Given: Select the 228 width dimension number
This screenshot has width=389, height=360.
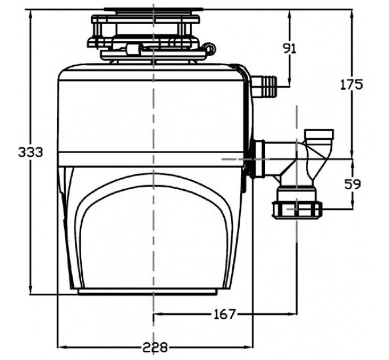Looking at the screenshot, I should (x=155, y=346).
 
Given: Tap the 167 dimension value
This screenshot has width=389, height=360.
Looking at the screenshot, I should (x=224, y=314).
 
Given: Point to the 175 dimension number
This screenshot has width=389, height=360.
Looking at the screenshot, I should (x=351, y=85).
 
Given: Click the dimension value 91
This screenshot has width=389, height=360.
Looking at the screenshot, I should (x=290, y=49).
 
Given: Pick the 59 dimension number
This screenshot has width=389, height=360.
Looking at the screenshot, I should (x=351, y=185).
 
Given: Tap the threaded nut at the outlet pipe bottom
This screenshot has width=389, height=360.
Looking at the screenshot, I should (x=297, y=209).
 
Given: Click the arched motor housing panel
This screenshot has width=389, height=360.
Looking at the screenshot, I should (x=154, y=229).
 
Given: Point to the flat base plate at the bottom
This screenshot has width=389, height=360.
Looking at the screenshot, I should (x=148, y=291).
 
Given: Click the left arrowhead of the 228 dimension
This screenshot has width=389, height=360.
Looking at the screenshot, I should (x=61, y=346).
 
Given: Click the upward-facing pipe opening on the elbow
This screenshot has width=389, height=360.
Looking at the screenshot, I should (x=321, y=134).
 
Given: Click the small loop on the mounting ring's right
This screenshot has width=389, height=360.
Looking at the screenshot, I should (x=211, y=50).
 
